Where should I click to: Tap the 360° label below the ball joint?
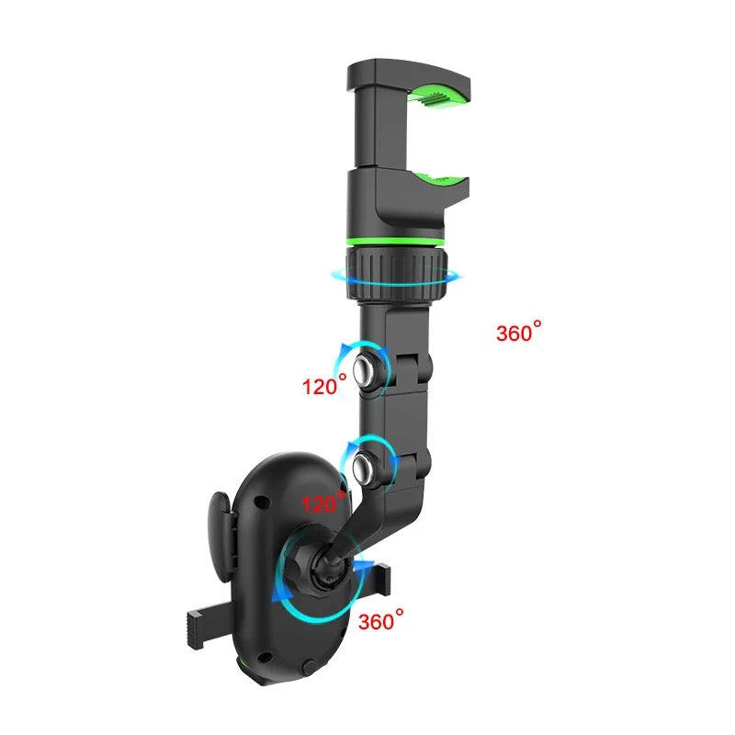[x=380, y=621]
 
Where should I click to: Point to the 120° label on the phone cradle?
[x=324, y=503]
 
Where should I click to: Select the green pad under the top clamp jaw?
[x=438, y=94]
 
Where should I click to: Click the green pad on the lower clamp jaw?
[x=439, y=180]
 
